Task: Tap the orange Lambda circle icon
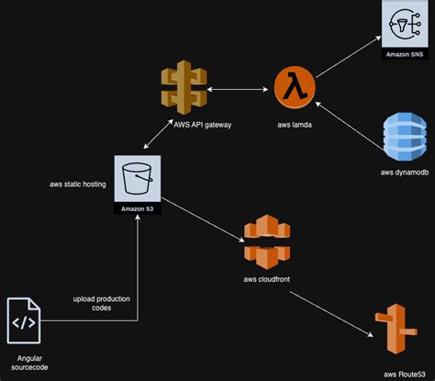click(x=296, y=89)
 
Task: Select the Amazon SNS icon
click(x=404, y=25)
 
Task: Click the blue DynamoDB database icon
click(x=405, y=140)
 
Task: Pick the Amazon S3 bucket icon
click(x=137, y=176)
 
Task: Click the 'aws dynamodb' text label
click(x=404, y=173)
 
